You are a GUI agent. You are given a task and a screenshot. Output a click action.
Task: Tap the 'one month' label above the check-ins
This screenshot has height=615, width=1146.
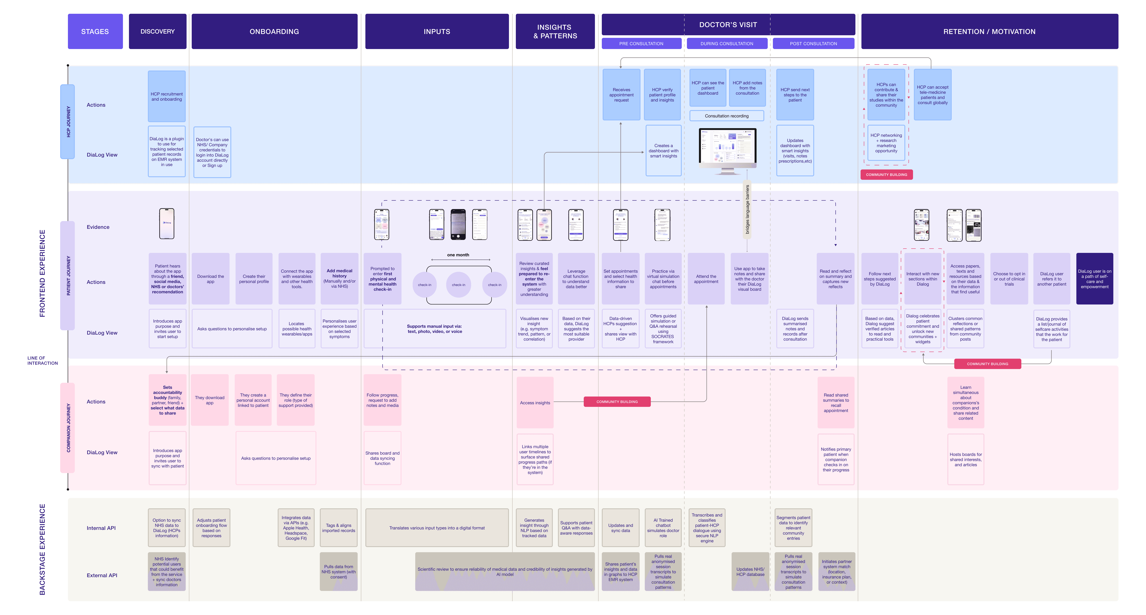point(458,255)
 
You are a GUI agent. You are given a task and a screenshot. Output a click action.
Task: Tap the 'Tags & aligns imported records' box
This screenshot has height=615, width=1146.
point(339,528)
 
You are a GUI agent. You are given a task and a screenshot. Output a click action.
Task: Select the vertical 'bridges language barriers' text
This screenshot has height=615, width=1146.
point(747,209)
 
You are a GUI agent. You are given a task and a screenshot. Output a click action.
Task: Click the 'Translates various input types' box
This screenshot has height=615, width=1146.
point(437,528)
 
